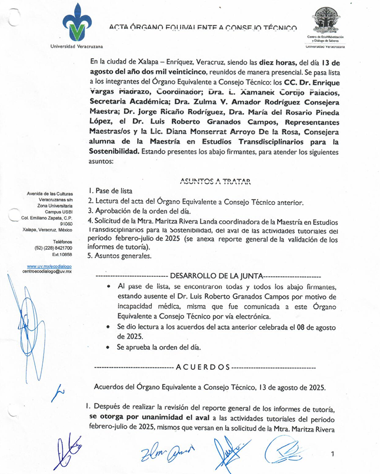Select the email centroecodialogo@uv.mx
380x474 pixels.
[x=48, y=271]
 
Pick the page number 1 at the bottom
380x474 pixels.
[x=332, y=454]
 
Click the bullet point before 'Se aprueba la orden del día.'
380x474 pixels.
[x=107, y=347]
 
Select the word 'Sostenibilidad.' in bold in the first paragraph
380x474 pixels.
[x=115, y=152]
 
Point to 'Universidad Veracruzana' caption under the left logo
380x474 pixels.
[x=77, y=46]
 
